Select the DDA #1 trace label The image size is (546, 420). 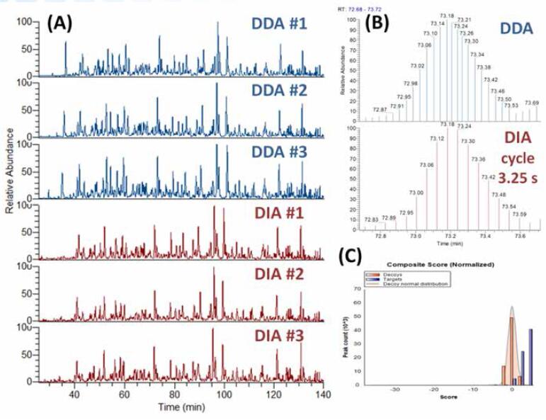pyautogui.click(x=278, y=23)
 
